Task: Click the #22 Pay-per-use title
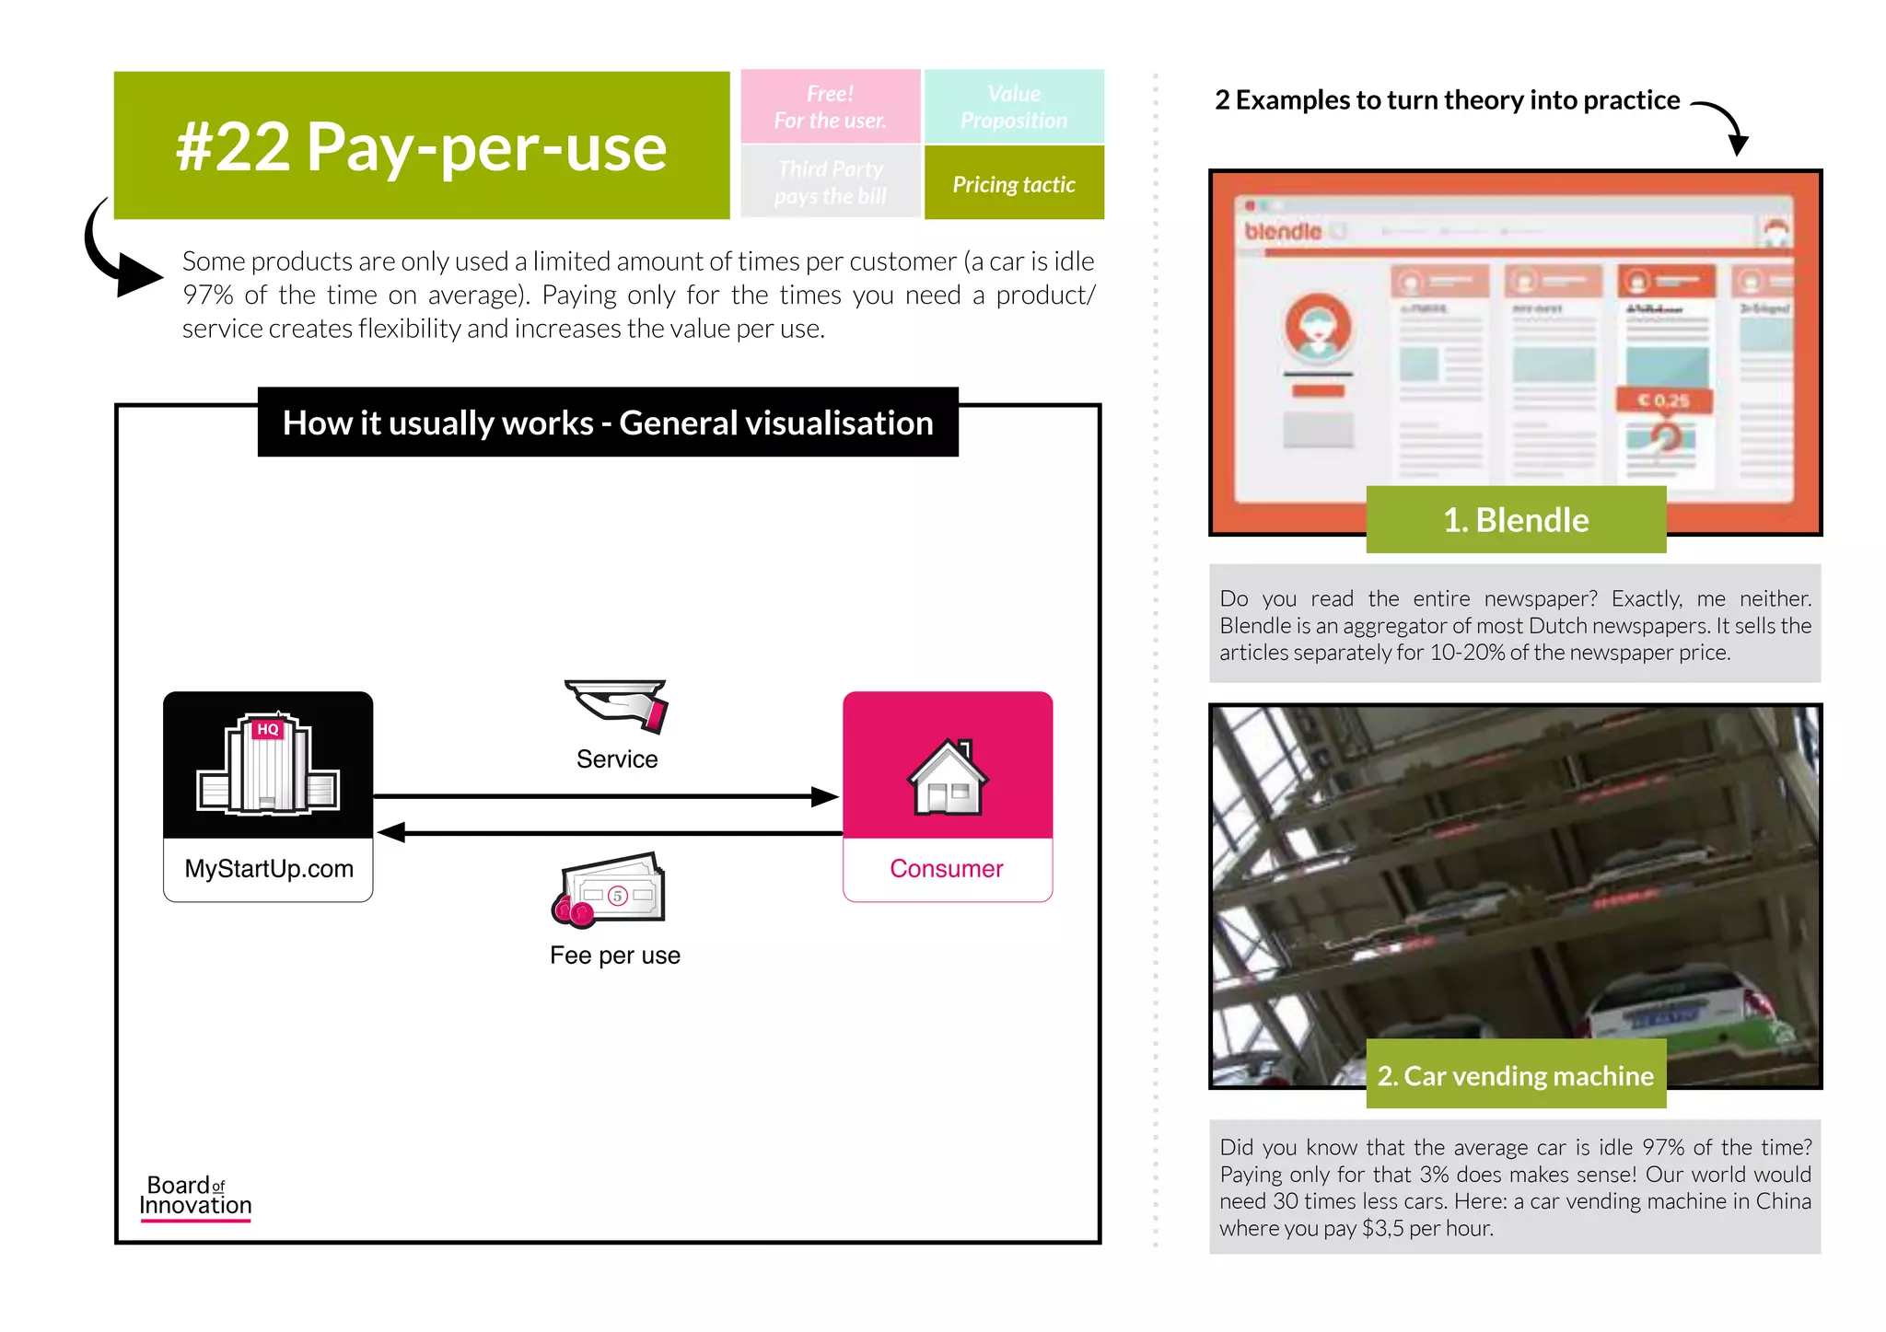coord(421,146)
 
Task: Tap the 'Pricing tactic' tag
coord(1014,184)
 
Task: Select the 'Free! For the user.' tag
coord(830,107)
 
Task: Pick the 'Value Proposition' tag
coord(1014,107)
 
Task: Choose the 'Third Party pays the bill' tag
coord(830,182)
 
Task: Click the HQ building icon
coord(268,765)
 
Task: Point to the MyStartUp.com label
coord(269,869)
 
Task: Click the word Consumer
coord(947,869)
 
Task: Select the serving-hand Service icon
coord(617,705)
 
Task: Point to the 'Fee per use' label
coord(615,956)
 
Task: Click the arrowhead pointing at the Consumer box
coord(824,796)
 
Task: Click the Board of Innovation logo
coord(195,1197)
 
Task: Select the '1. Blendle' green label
coord(1516,520)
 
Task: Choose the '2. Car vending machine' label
coord(1516,1075)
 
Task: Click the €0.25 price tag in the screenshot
coord(1664,400)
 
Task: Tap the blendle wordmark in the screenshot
coord(1283,231)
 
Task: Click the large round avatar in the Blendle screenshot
coord(1319,326)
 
